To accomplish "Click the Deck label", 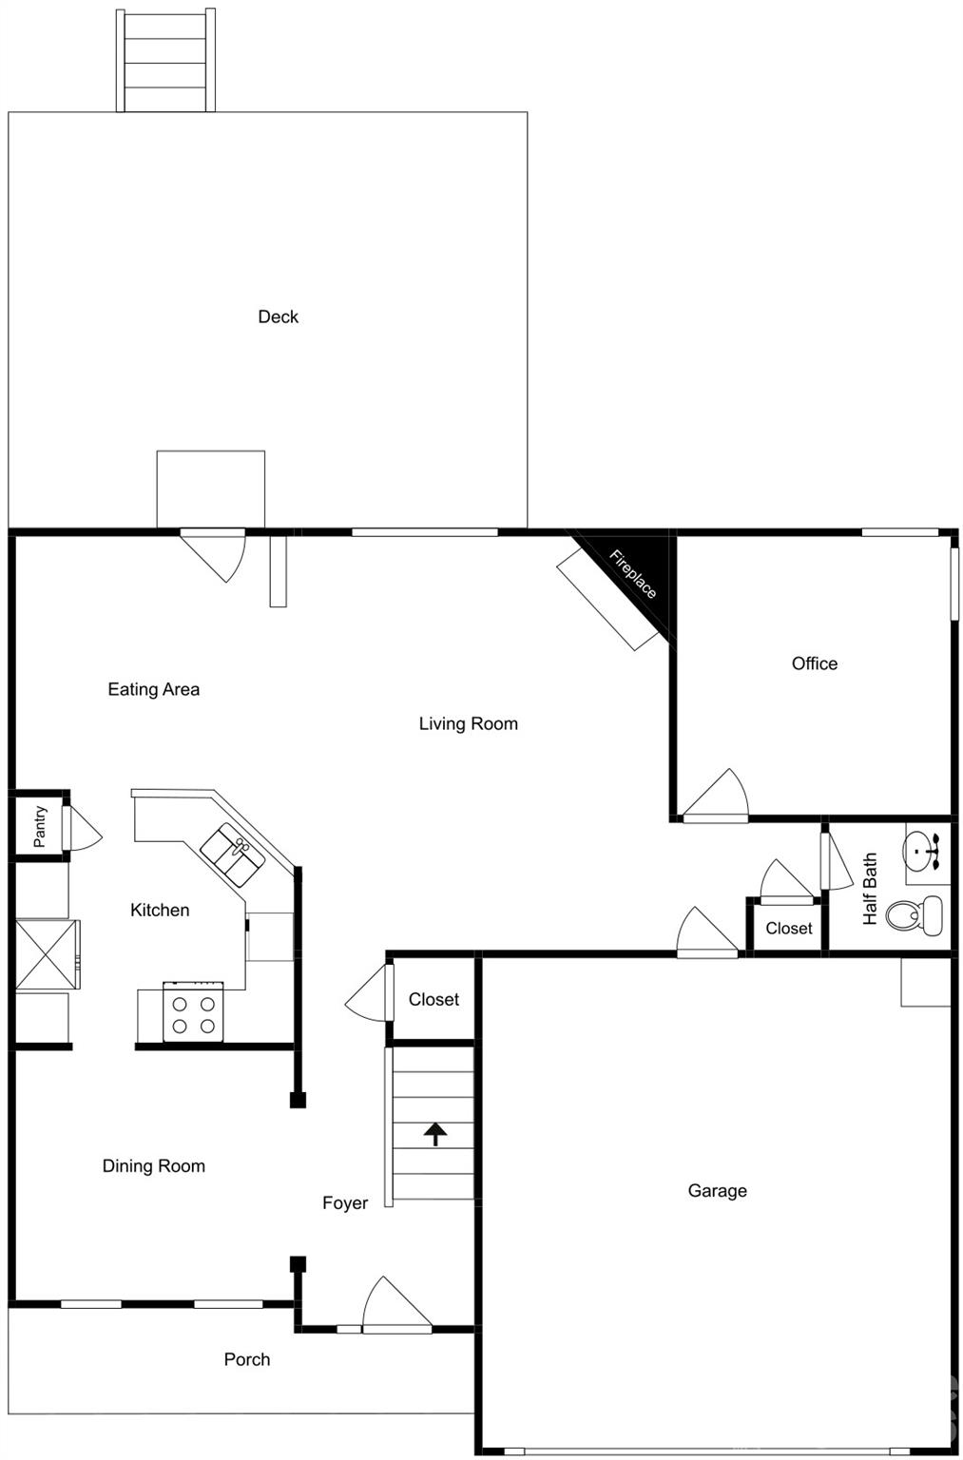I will click(278, 317).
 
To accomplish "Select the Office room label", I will click(815, 663).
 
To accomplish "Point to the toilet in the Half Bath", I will click(915, 915).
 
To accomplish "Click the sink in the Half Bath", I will click(920, 848).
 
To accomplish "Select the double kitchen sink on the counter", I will click(232, 852).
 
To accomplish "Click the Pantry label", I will click(40, 826).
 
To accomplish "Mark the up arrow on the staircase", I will click(435, 1133).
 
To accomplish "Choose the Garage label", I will click(717, 1190).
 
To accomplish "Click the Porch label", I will click(247, 1359).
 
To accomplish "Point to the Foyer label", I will click(345, 1203).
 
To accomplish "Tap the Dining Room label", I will click(154, 1166).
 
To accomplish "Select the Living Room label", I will click(469, 723).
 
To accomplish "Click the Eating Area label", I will click(154, 689).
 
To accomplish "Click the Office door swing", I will click(720, 795).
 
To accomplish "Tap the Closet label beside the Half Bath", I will click(789, 928).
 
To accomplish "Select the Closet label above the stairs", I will click(433, 999).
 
